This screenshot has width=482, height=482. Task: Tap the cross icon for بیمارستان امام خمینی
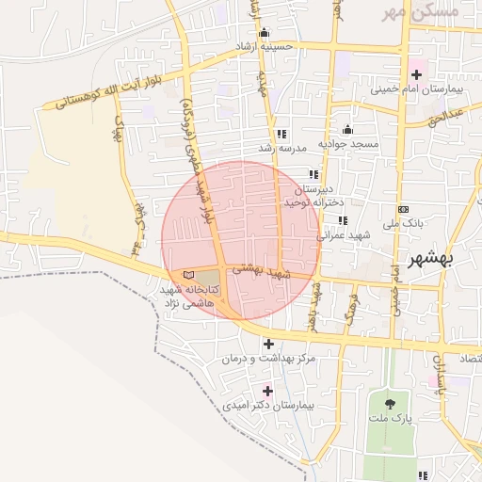tap(417, 73)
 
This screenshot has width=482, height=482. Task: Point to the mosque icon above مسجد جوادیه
tap(347, 130)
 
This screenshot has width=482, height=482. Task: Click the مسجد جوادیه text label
tap(348, 144)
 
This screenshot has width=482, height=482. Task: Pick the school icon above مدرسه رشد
tap(281, 134)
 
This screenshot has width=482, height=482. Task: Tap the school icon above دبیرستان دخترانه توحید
tap(314, 174)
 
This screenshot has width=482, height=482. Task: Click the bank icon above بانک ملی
tap(404, 209)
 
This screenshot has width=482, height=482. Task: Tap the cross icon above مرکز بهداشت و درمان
tap(269, 344)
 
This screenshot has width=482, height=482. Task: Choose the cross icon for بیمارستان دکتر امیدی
tap(267, 390)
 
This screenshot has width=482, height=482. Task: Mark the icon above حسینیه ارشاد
tap(264, 32)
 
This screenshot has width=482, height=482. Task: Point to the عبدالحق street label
tap(444, 117)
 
